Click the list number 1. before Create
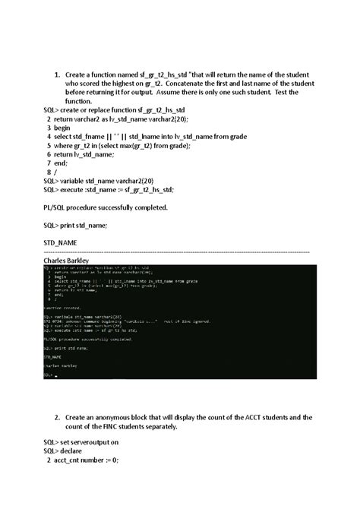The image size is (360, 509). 56,74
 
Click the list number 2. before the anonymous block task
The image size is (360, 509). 56,418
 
